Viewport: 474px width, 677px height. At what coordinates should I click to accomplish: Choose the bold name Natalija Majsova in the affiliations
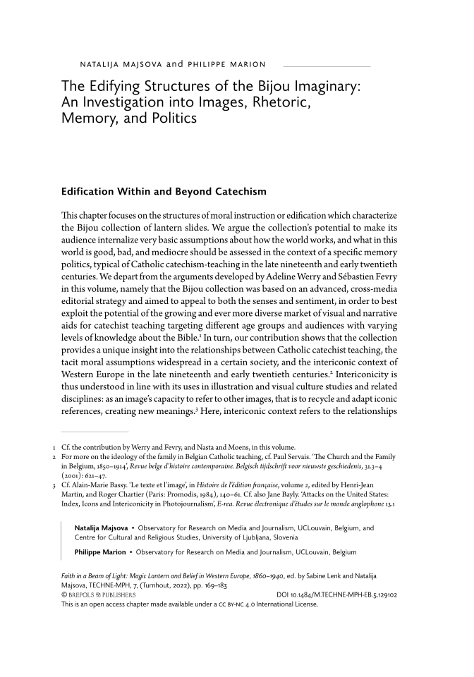pos(103,527)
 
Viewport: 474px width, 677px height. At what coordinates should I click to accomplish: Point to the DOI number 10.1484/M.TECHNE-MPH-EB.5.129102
pos(344,594)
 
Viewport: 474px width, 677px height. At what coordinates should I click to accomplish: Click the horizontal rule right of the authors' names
pos(324,66)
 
